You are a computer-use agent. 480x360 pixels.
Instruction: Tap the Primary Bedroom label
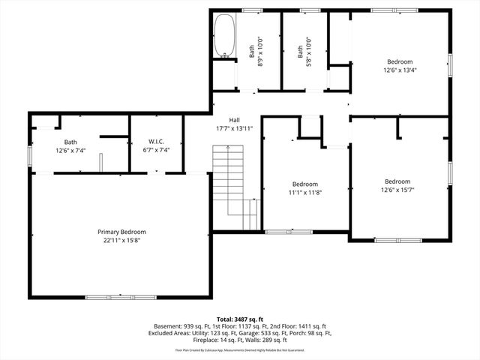click(x=121, y=232)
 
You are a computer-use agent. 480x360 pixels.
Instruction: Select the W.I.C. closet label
click(x=155, y=141)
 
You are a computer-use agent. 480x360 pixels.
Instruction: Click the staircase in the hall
click(x=229, y=180)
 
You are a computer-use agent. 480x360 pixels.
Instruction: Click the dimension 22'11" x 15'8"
click(x=121, y=241)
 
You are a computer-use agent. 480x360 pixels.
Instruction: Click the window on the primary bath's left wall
click(x=30, y=154)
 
